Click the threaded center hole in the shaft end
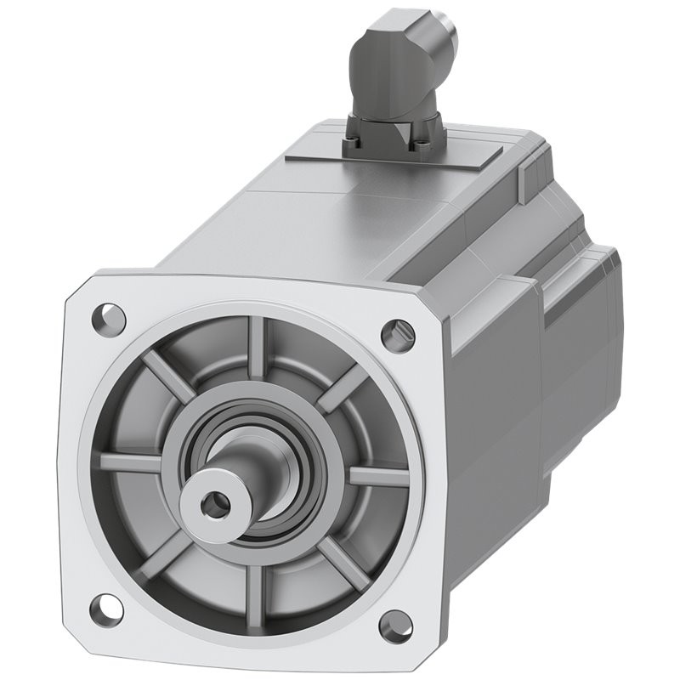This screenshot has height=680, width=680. click(x=211, y=502)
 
